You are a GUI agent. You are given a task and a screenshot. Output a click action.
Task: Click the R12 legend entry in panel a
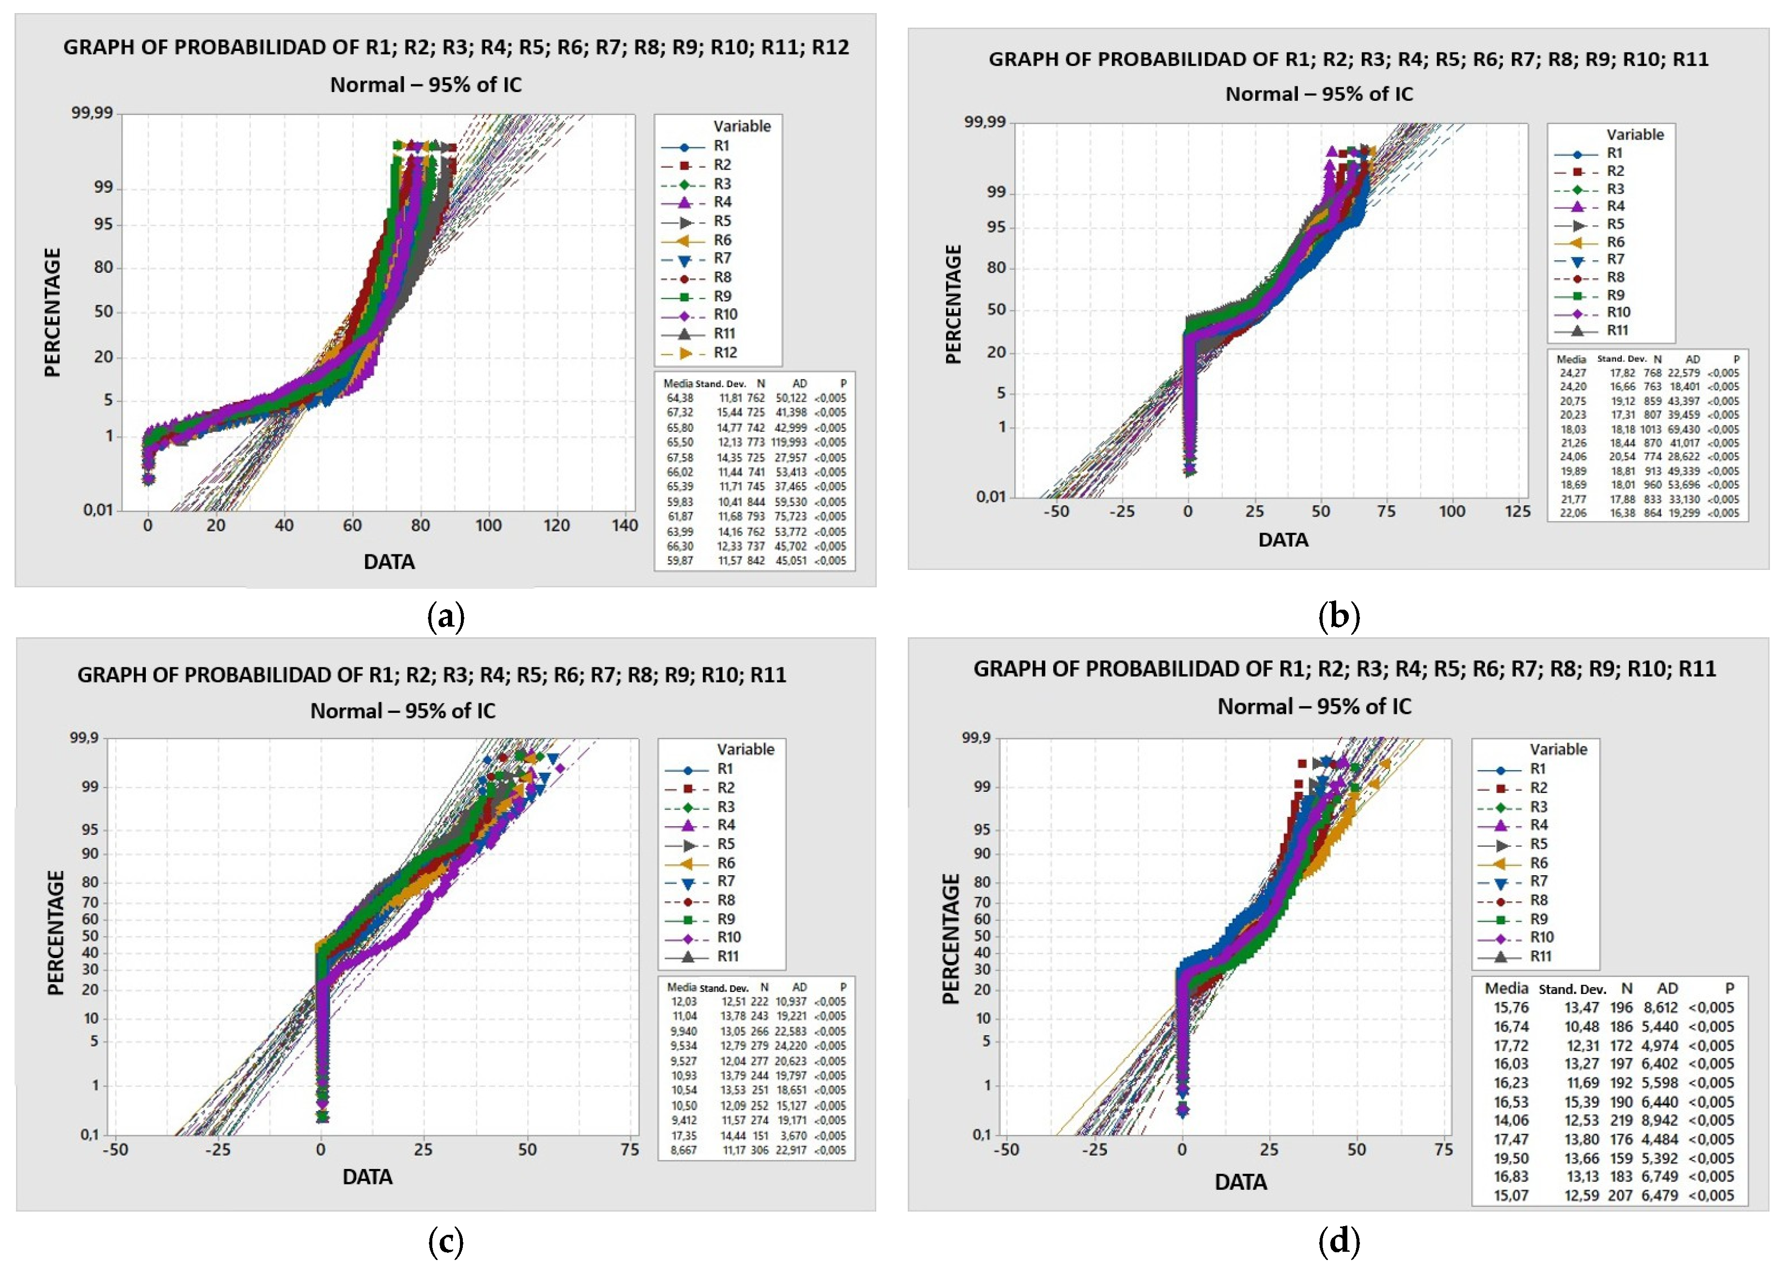(x=724, y=353)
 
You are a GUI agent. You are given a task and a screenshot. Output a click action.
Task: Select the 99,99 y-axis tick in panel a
(x=93, y=113)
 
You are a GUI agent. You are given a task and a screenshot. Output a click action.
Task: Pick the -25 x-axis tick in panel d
(x=1094, y=1150)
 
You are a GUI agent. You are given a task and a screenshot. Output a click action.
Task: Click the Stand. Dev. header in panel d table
(x=1572, y=989)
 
